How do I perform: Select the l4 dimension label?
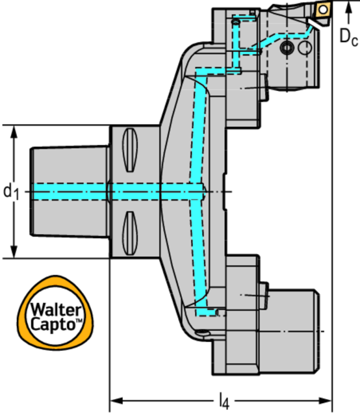click(x=223, y=401)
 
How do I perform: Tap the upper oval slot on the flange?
click(x=129, y=155)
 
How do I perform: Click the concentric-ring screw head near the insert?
click(x=286, y=48)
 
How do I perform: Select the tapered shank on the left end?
click(x=68, y=191)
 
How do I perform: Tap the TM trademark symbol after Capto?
click(x=79, y=322)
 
